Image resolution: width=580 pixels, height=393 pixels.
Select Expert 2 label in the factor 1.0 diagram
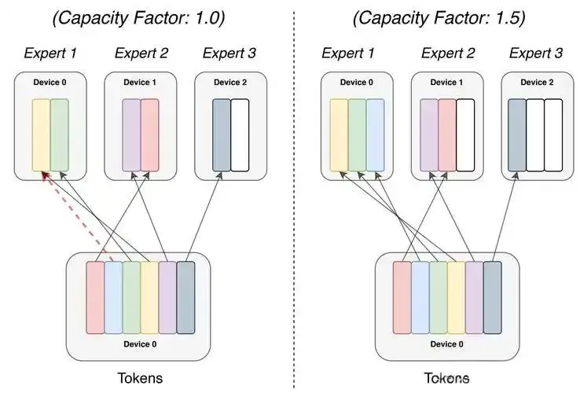coord(141,53)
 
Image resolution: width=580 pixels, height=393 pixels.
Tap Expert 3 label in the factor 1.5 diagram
coord(536,53)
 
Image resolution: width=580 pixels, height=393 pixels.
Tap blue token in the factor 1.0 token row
coord(113,292)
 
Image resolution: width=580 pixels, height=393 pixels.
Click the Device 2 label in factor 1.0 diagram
coord(230,83)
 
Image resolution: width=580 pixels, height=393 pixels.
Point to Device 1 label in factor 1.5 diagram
coord(446,83)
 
